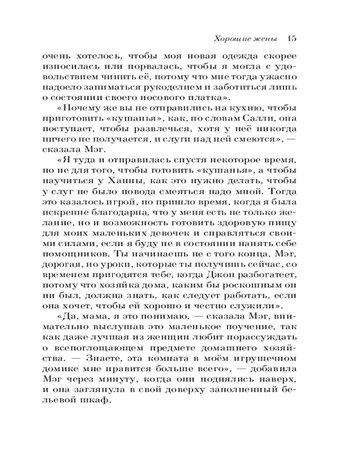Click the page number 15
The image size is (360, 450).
290,38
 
